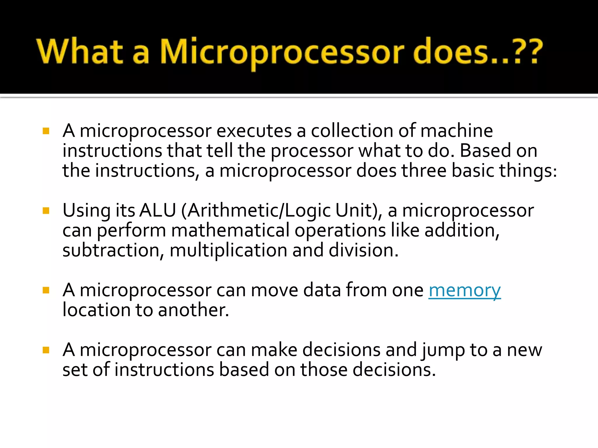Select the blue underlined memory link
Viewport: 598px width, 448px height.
tap(465, 290)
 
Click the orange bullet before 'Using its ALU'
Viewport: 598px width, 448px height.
tap(46, 210)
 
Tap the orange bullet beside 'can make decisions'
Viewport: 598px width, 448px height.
tap(46, 350)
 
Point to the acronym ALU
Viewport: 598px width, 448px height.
tap(158, 210)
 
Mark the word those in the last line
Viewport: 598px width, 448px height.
tap(324, 370)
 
